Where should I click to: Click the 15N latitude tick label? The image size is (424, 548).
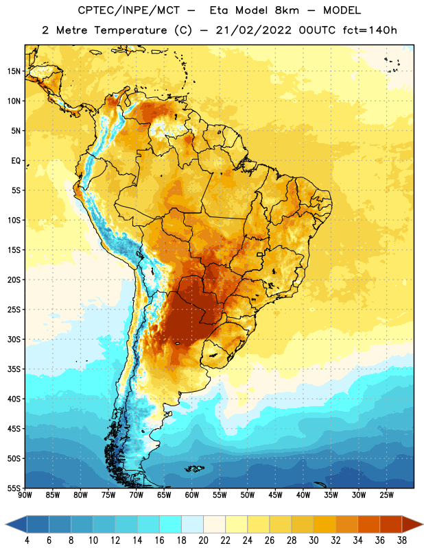point(14,71)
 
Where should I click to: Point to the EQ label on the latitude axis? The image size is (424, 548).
point(16,161)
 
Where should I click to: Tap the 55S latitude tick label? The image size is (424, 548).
point(14,488)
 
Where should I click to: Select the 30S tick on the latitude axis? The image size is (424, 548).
point(14,339)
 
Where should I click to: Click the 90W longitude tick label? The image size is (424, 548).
point(25,495)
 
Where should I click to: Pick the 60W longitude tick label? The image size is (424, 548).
point(192,495)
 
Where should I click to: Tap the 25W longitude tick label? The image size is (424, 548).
point(386,495)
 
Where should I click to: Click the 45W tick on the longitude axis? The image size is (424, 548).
point(275,495)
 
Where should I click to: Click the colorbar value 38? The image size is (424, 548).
point(402,540)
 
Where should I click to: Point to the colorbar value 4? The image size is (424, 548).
point(27,540)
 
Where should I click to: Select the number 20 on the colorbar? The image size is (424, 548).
point(203,540)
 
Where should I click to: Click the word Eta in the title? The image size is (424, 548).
point(219,10)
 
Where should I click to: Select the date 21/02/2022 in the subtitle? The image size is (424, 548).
point(253,30)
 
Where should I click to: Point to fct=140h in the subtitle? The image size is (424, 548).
point(370,30)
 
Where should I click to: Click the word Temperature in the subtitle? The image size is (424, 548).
point(130,31)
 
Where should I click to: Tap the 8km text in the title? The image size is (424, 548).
point(287,10)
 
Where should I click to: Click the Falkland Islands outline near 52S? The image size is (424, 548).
point(194,469)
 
